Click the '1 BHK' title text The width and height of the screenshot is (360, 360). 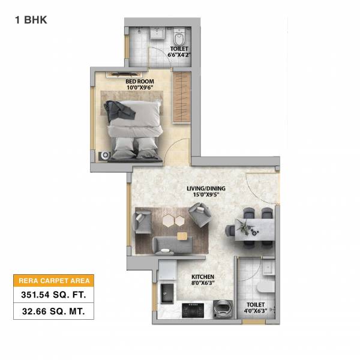click(31, 19)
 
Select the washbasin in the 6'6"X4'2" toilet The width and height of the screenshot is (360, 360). click(157, 34)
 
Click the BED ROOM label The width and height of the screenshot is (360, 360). click(140, 80)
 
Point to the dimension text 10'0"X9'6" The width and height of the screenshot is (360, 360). click(140, 88)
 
